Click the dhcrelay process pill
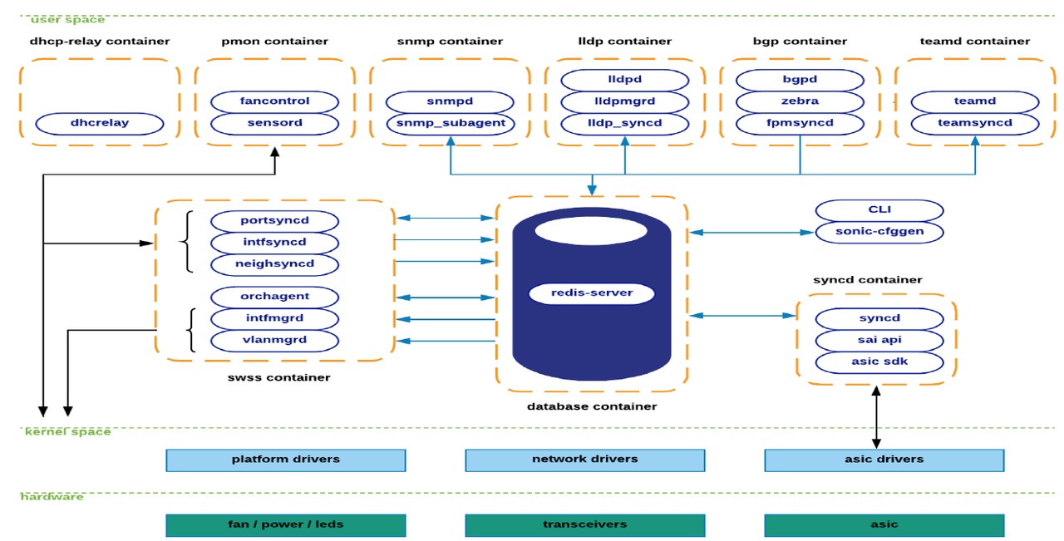tap(100, 123)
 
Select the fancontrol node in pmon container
tap(274, 101)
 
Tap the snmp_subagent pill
tap(451, 123)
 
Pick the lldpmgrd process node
tap(625, 101)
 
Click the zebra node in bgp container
tap(800, 101)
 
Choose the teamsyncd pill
tap(975, 123)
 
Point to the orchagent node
tap(274, 297)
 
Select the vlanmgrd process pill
tap(274, 341)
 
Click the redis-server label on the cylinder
tap(592, 293)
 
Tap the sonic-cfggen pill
tap(879, 232)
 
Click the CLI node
tap(879, 209)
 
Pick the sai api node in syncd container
tap(879, 341)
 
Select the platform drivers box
tap(285, 460)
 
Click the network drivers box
tap(584, 460)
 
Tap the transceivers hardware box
tap(584, 525)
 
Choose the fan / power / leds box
tap(285, 525)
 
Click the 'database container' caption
tap(592, 407)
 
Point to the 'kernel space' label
tap(67, 432)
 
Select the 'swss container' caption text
tap(278, 378)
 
